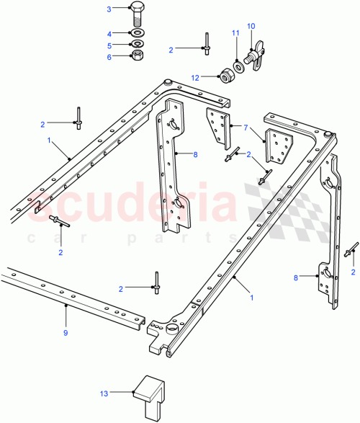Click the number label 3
click(x=109, y=9)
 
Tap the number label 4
click(x=109, y=33)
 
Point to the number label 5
click(x=109, y=45)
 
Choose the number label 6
click(x=109, y=57)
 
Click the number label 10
click(x=251, y=27)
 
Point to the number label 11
click(x=235, y=34)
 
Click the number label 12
click(x=194, y=76)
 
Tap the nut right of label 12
click(x=225, y=76)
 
